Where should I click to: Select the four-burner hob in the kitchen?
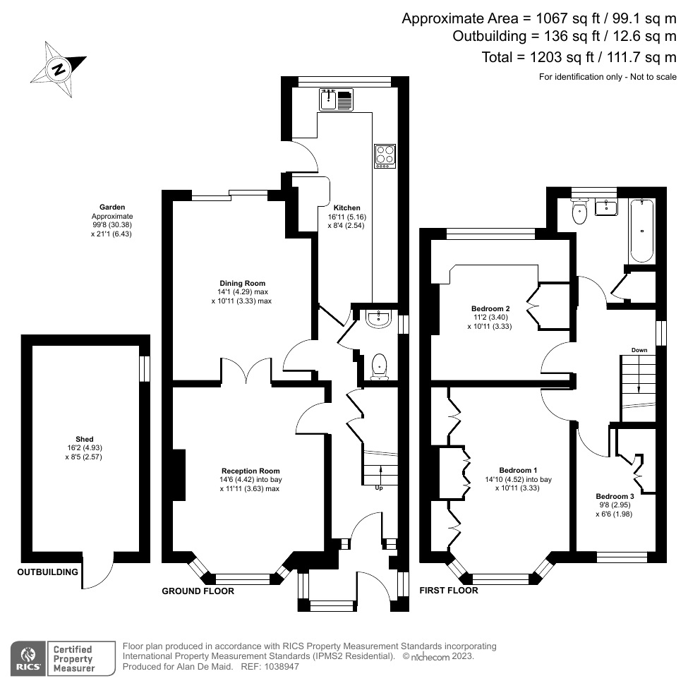385,155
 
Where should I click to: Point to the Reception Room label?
251,471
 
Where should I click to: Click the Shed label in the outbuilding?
84,439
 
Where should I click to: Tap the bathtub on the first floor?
641,229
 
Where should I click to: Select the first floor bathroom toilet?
580,212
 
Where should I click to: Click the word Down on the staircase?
639,350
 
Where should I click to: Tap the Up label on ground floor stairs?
379,488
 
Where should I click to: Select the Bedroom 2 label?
490,308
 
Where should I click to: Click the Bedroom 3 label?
615,496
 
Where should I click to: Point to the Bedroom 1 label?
518,470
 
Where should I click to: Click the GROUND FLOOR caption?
198,591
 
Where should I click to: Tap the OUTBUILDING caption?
47,572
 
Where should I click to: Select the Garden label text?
112,207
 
